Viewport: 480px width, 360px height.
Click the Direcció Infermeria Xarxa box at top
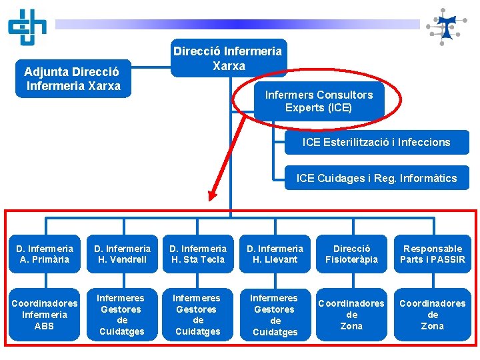(229, 58)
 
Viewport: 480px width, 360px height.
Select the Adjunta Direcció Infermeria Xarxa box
(73, 79)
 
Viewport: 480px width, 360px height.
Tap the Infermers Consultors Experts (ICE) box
(318, 101)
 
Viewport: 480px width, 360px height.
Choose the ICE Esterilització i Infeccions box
(377, 142)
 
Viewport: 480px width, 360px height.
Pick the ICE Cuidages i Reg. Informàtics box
(377, 178)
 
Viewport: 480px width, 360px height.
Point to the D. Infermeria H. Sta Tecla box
(197, 254)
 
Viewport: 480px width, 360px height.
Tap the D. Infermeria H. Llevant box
(275, 254)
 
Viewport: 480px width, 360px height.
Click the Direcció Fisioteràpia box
(352, 254)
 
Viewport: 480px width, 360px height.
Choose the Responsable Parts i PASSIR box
(432, 254)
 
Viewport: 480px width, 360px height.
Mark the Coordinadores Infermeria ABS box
(45, 315)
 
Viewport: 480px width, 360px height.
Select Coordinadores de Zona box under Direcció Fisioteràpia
(352, 315)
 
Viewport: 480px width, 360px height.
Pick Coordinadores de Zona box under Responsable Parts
(432, 315)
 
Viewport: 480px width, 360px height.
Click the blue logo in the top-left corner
(27, 26)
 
